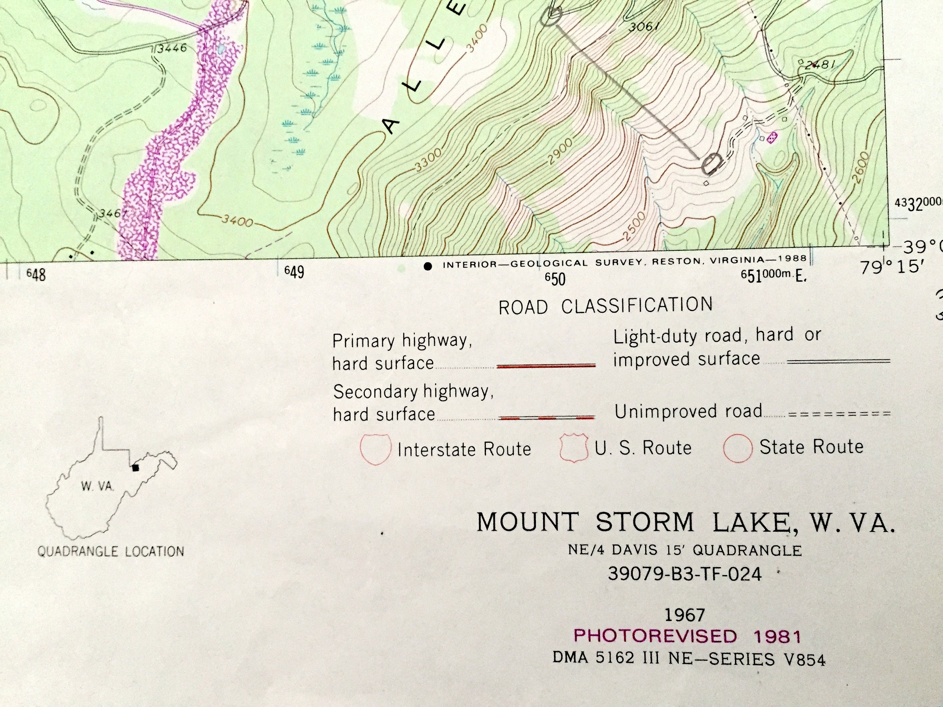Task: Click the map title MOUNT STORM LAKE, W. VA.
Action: (x=686, y=523)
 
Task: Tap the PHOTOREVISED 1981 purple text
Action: (x=687, y=636)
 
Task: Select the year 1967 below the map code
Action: (x=685, y=615)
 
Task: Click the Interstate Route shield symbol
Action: (x=375, y=449)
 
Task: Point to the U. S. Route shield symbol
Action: (x=573, y=448)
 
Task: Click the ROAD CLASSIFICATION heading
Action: (x=605, y=306)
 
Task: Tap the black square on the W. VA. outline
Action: (x=135, y=468)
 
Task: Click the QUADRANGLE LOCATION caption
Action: (x=111, y=551)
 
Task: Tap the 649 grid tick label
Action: (x=295, y=272)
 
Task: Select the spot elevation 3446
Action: (x=172, y=48)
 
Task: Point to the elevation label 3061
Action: (x=644, y=26)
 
